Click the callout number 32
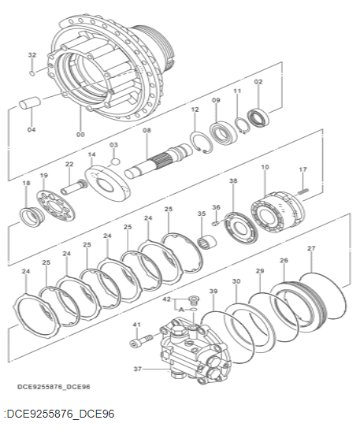click(x=32, y=54)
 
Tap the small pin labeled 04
click(x=30, y=103)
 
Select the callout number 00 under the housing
click(x=81, y=135)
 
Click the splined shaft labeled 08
click(x=159, y=162)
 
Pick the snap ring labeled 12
click(x=201, y=143)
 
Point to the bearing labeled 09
click(x=223, y=133)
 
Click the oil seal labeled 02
click(x=258, y=117)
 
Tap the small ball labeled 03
click(x=116, y=162)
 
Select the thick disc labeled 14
click(x=107, y=184)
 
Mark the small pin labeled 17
click(x=302, y=191)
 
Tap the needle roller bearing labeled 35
click(x=207, y=241)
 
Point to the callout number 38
click(x=233, y=181)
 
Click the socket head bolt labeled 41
click(x=140, y=340)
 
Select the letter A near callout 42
click(x=181, y=310)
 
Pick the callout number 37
click(x=138, y=369)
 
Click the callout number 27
click(x=311, y=248)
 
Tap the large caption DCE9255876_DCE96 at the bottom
click(x=59, y=414)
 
